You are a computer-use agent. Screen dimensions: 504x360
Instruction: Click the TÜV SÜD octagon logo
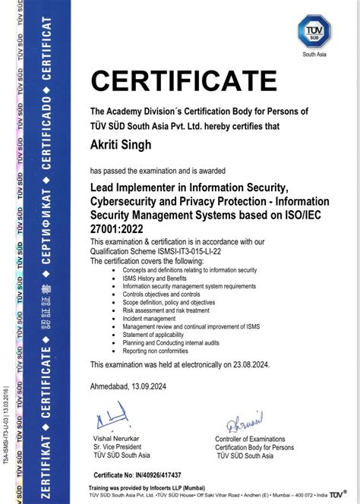click(314, 32)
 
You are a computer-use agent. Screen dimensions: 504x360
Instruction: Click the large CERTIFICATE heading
click(184, 80)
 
